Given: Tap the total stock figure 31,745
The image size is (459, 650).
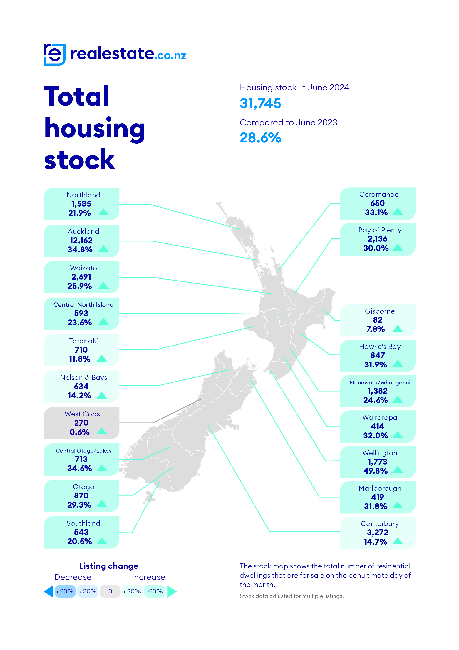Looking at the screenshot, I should (x=260, y=103).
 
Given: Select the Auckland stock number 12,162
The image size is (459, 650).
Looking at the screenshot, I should (x=81, y=240).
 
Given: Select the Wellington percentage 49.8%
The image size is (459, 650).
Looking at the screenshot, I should (x=375, y=471).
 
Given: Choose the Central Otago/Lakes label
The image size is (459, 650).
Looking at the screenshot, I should (x=83, y=451).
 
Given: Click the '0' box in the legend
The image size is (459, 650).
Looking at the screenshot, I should (x=110, y=591).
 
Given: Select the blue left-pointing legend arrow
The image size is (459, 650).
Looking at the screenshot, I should (x=49, y=591).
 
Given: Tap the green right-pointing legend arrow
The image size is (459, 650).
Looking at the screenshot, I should (x=172, y=591).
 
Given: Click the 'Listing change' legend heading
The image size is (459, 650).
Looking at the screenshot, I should (x=109, y=566).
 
